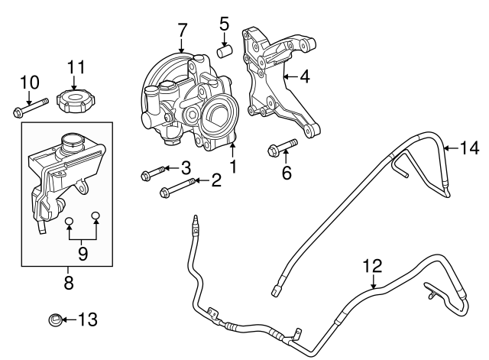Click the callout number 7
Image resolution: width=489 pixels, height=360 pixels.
pos(182,31)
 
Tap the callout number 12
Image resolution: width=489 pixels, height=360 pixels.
pos(371,267)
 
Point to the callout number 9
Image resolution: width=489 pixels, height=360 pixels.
pos(83,252)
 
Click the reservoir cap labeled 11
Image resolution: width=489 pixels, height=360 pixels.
pos(75,99)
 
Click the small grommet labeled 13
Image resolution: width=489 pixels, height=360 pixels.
pos(56,319)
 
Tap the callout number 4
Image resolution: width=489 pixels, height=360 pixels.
pos(305,76)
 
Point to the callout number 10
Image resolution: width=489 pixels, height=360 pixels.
pos(28,81)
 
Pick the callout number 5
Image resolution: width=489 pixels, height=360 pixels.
pos(225,24)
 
